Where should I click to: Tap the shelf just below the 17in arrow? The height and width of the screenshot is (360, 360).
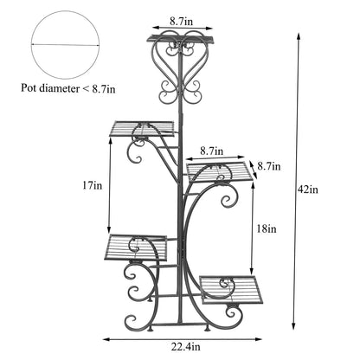click(138, 247)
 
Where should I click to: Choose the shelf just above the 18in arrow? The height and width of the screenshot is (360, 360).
click(221, 172)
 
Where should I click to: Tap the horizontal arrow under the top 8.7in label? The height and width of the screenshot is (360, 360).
click(181, 29)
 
